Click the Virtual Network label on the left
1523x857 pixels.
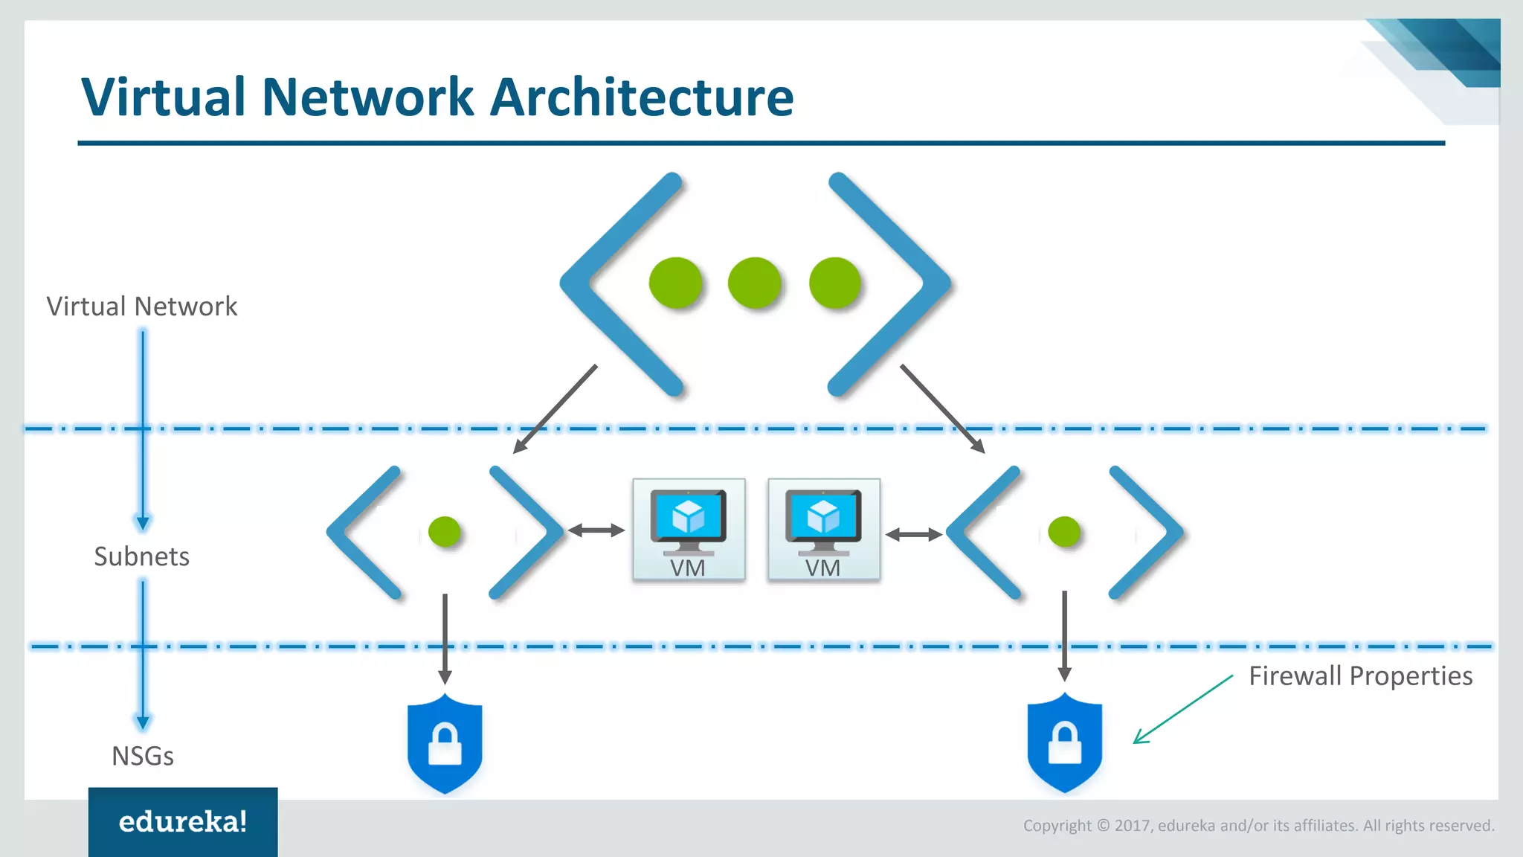point(141,306)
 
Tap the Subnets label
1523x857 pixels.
point(141,556)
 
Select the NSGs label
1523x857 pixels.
point(142,756)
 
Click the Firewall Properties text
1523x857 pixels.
point(1360,675)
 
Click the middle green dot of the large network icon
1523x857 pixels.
point(754,283)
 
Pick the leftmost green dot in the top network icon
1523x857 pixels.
point(675,283)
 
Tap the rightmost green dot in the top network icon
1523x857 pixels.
point(834,283)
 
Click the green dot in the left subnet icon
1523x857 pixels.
point(445,532)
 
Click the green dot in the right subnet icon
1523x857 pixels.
point(1063,532)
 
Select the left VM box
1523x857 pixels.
point(689,529)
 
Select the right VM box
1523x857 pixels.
point(824,529)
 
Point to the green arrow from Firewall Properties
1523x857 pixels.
point(1182,709)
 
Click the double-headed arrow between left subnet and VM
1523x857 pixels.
point(596,530)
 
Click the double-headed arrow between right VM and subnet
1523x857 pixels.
point(914,534)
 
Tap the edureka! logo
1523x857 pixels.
point(183,821)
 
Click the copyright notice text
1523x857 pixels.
point(1258,825)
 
